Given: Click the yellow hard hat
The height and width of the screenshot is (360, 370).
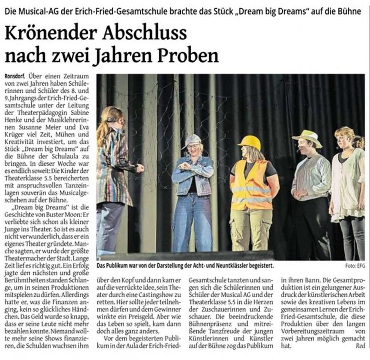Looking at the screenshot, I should (249, 142).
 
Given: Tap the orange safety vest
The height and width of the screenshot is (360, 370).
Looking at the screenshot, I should (251, 185).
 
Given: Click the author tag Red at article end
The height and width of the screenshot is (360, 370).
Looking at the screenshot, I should (360, 345).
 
